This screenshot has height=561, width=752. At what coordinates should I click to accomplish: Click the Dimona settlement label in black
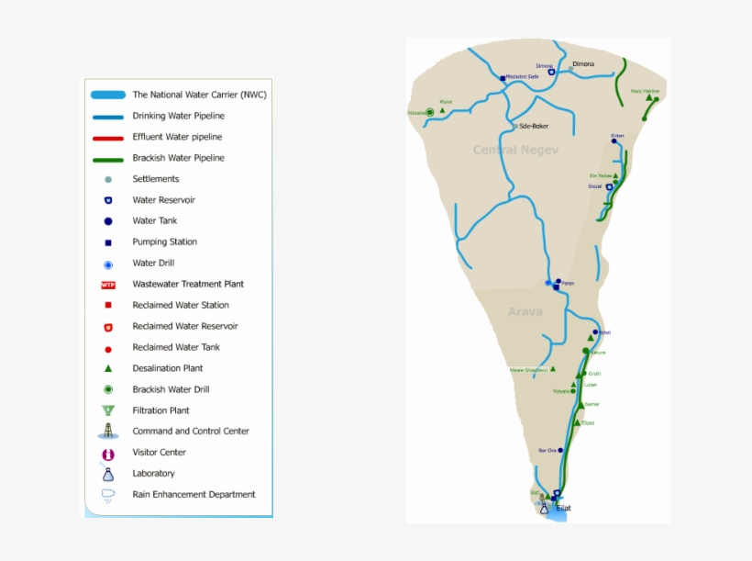[x=583, y=64]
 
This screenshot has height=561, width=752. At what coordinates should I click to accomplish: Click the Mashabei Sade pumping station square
[x=503, y=78]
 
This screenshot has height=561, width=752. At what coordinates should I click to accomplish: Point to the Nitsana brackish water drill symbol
[x=429, y=112]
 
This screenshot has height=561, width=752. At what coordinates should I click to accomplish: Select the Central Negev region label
[x=515, y=150]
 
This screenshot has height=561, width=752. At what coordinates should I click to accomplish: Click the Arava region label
[x=525, y=311]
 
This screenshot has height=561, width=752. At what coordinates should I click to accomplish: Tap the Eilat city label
[x=564, y=507]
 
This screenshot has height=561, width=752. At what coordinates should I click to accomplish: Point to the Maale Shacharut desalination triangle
[x=552, y=369]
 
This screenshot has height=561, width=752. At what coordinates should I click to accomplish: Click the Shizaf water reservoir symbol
[x=609, y=186]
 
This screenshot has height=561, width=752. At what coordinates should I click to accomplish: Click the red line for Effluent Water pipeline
[x=108, y=138]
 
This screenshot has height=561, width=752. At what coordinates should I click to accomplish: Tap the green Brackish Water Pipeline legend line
[x=108, y=159]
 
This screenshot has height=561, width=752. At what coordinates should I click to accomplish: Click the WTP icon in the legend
[x=108, y=285]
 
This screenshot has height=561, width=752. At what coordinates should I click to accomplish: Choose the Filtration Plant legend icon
[x=108, y=410]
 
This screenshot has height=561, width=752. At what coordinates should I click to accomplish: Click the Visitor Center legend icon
[x=108, y=454]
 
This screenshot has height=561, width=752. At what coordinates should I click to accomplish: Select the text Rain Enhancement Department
[x=194, y=495]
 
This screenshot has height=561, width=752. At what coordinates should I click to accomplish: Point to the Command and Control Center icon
[x=108, y=432]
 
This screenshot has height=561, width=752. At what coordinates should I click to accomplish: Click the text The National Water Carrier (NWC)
[x=199, y=95]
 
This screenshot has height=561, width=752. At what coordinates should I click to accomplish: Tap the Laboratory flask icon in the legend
[x=108, y=474]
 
